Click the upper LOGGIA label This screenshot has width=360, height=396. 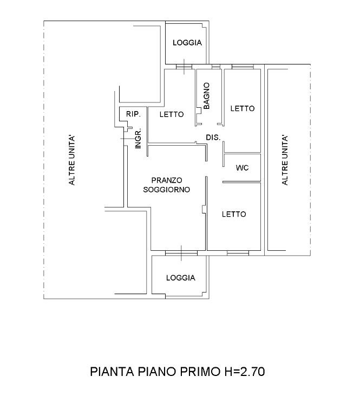tap(187, 43)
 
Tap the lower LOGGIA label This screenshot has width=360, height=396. tap(181, 278)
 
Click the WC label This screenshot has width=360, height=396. tap(242, 168)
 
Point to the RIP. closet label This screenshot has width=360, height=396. tap(133, 114)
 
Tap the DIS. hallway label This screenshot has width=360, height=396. tap(213, 138)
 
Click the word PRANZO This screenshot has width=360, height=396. tap(167, 180)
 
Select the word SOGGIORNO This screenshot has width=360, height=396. tap(166, 190)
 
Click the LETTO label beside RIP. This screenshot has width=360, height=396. tap(172, 114)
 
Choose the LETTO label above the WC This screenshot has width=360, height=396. tap(242, 108)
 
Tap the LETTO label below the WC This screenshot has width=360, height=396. tap(234, 214)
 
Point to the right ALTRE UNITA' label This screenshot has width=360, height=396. tap(285, 161)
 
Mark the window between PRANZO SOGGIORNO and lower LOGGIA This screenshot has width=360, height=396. tap(181, 252)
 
